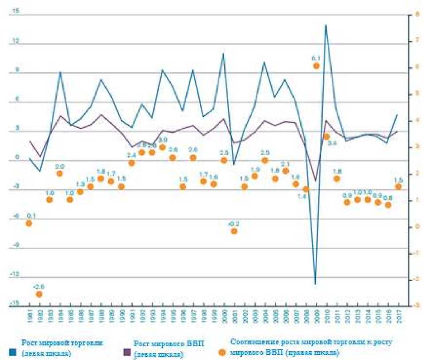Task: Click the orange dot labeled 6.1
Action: coord(316,66)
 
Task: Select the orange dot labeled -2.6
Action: coord(39,294)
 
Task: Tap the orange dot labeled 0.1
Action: coord(29,223)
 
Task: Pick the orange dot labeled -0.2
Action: coord(234,231)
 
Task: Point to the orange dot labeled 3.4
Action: coord(326,137)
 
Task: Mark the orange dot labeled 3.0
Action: coord(162,147)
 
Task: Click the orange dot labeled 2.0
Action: coord(60,173)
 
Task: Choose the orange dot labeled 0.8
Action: coord(388,205)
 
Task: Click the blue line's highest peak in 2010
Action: coord(326,25)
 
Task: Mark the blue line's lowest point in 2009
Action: coord(315,284)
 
